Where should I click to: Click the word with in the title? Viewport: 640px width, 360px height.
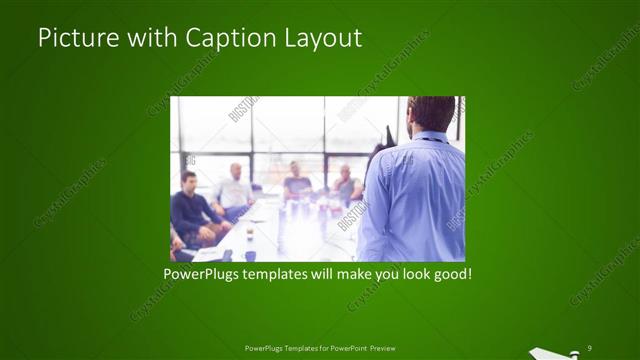150,38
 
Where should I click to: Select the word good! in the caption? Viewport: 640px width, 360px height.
450,273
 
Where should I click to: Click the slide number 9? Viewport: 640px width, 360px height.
590,346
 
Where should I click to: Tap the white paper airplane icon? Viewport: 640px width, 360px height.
551,351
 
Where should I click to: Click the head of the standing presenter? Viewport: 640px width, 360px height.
431,114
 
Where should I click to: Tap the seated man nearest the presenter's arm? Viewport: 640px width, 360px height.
346,184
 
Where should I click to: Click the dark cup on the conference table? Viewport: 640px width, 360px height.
250,255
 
